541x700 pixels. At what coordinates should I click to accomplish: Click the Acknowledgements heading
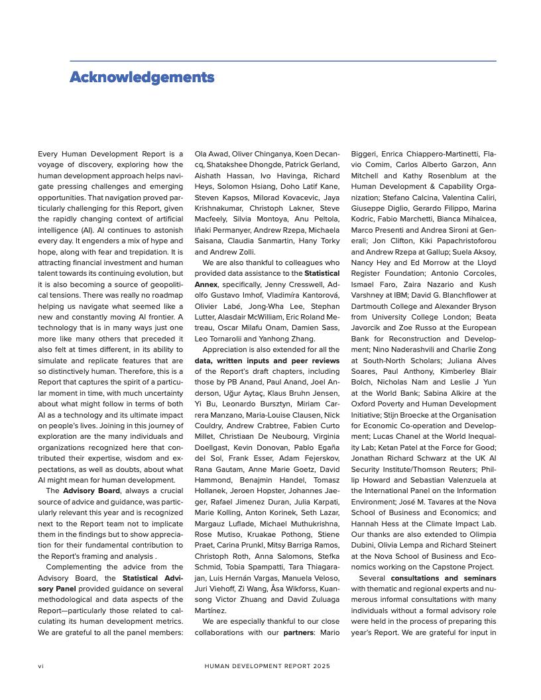point(142,78)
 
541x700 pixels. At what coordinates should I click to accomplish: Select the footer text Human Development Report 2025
point(267,666)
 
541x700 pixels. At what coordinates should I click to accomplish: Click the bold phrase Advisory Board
point(91,491)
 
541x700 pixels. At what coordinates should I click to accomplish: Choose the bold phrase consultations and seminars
point(444,578)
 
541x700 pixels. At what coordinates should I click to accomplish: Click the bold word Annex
point(206,284)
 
